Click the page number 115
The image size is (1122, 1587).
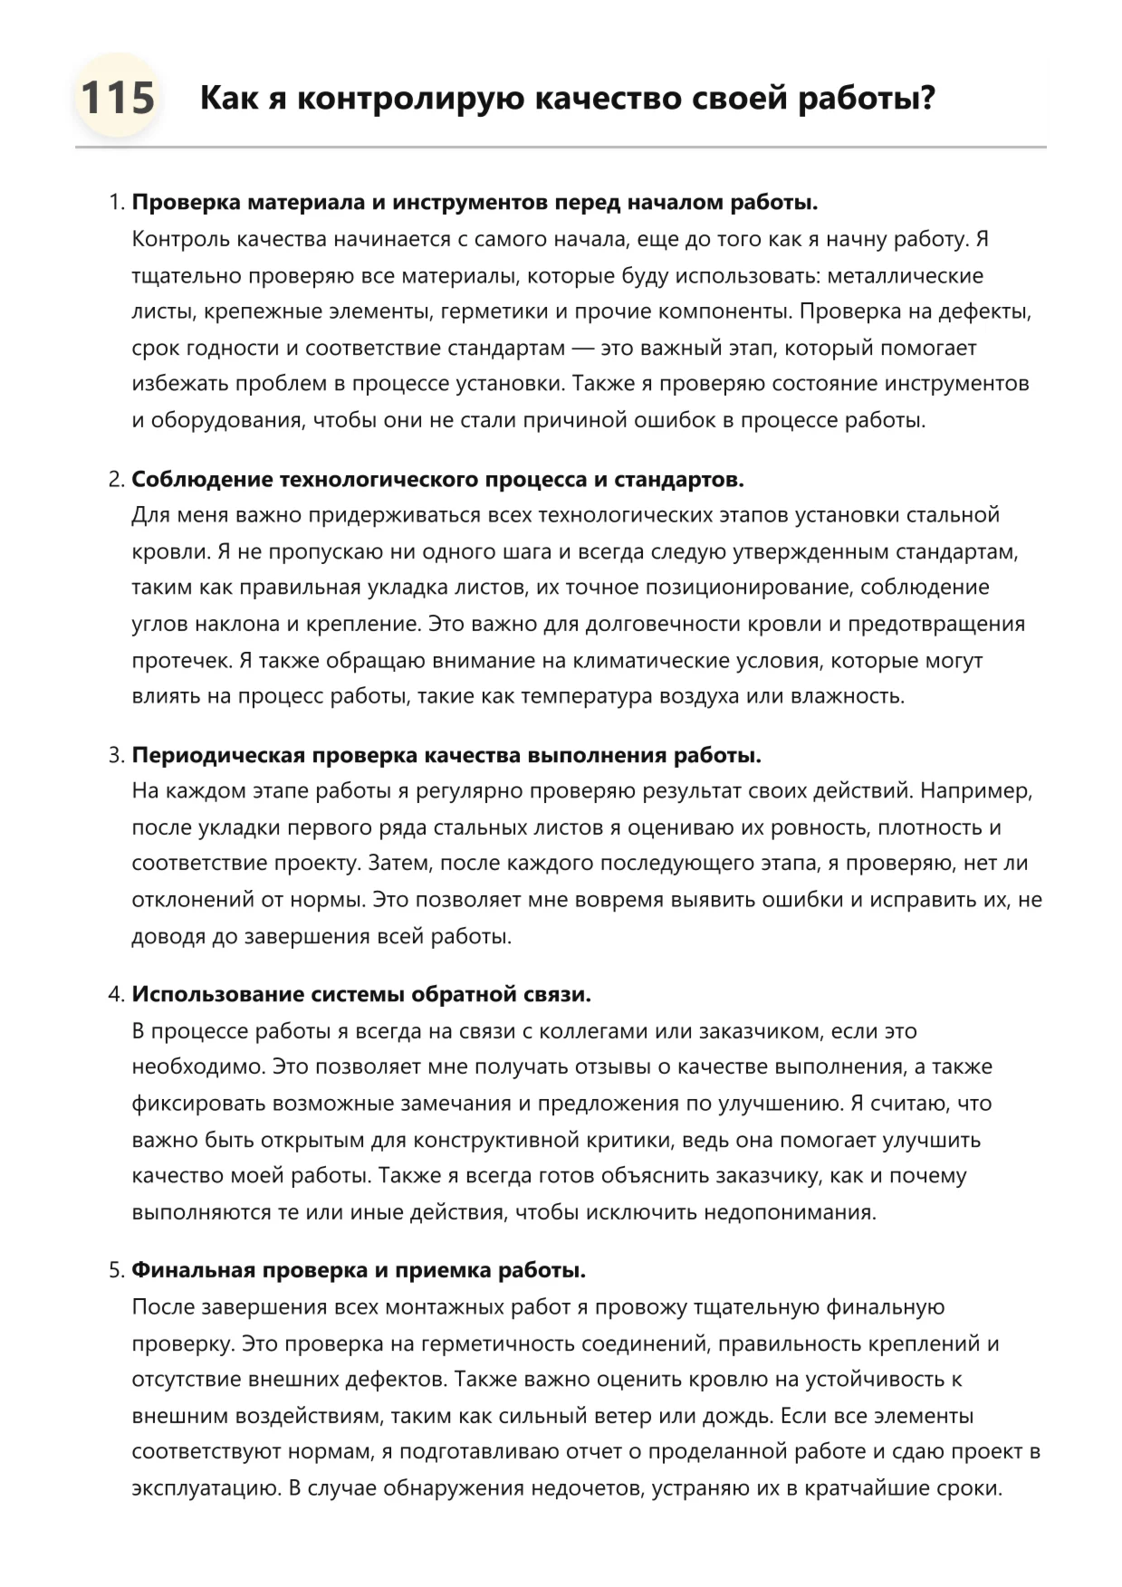point(118,98)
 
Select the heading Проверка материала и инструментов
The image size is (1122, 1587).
point(475,202)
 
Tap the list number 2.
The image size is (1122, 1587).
point(116,479)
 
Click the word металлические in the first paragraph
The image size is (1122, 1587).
point(905,275)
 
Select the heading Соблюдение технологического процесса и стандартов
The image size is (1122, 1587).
point(437,479)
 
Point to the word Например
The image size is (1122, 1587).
point(975,791)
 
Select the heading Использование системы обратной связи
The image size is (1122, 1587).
point(361,994)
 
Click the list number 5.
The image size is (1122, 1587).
point(116,1270)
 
